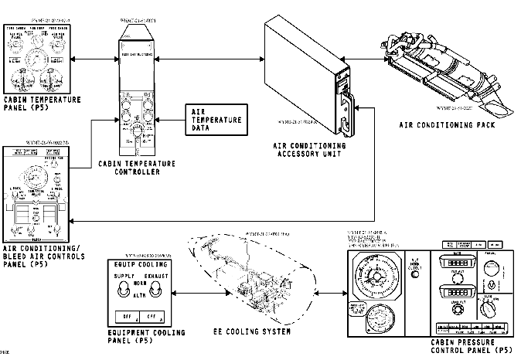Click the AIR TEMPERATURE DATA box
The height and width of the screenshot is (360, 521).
point(217,121)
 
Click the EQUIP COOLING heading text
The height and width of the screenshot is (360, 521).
point(141,263)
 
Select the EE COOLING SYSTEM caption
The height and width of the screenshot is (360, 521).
point(252,331)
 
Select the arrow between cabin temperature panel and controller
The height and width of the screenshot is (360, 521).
point(90,59)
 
